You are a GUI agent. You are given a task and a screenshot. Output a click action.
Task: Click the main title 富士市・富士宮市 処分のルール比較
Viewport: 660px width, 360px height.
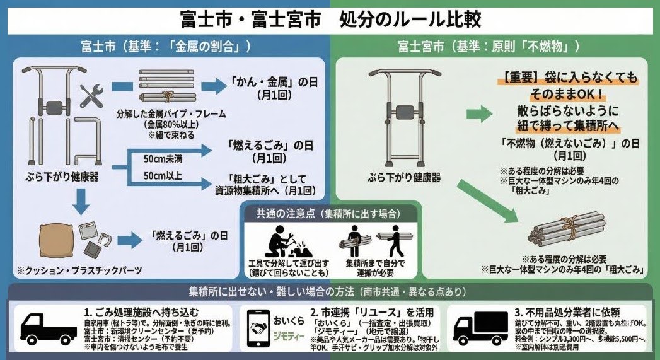pos(330,18)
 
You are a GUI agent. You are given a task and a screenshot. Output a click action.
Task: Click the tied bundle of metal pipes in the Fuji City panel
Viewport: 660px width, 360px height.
pos(166,85)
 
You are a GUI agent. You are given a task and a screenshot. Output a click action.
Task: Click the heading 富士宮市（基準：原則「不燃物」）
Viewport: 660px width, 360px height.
pos(489,47)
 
